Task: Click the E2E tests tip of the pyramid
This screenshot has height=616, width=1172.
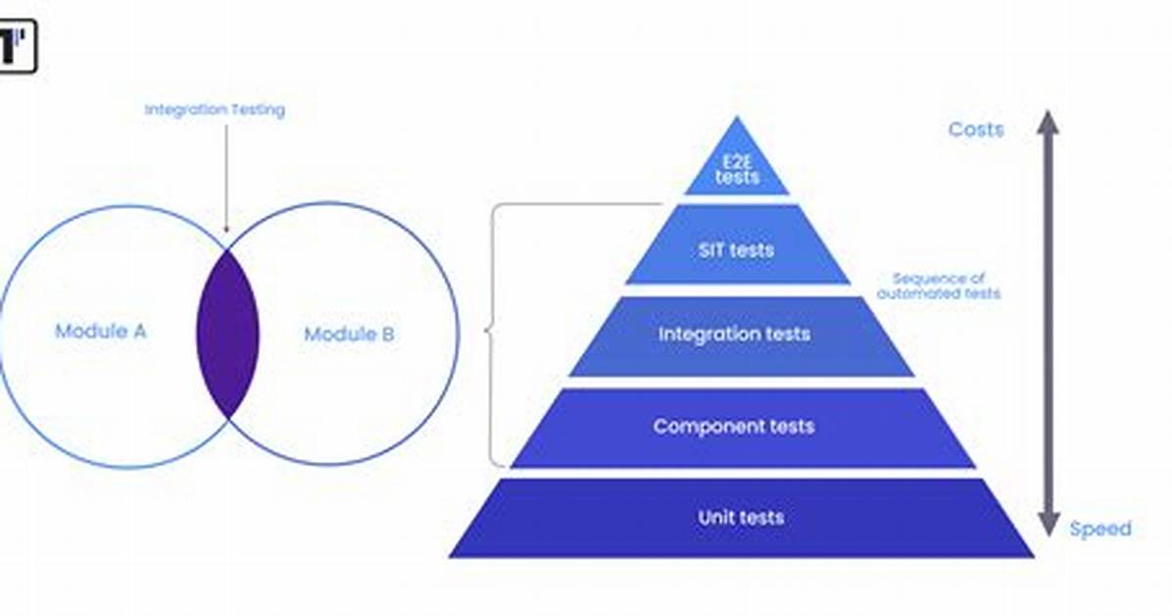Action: click(737, 161)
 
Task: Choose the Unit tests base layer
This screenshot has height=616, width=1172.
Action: click(742, 519)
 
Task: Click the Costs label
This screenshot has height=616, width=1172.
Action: click(975, 129)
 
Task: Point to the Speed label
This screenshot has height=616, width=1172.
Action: click(1100, 529)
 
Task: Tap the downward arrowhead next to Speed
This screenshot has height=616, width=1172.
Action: click(1048, 524)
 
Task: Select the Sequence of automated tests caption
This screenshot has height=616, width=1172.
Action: click(939, 285)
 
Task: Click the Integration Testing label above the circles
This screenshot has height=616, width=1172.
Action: click(215, 110)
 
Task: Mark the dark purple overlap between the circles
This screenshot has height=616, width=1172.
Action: click(228, 334)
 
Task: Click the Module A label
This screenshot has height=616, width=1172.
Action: click(100, 331)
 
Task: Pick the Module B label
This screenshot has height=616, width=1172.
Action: click(349, 334)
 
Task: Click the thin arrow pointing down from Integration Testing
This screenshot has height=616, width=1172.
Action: click(226, 180)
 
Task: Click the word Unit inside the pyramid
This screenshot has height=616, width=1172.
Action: click(712, 517)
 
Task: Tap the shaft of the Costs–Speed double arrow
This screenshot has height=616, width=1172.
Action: click(1048, 324)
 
